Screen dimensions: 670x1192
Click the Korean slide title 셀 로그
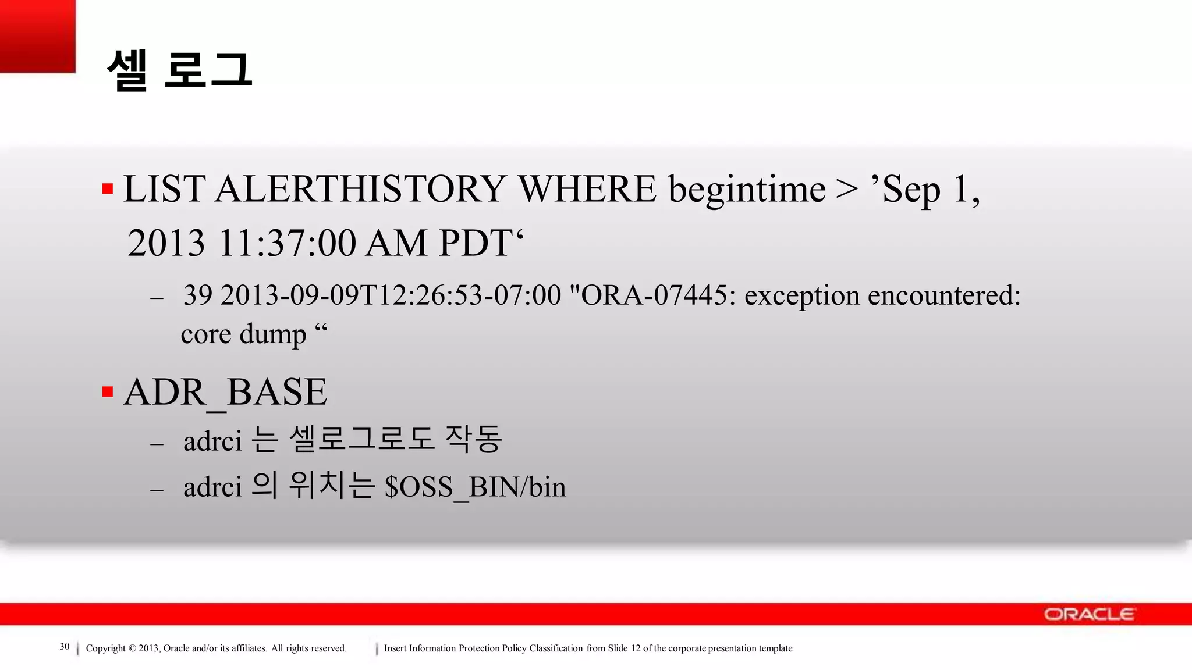click(179, 70)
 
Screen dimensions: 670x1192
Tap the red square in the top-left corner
click(37, 36)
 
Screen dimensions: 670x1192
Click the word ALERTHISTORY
click(360, 189)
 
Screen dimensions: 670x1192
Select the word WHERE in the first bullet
click(587, 189)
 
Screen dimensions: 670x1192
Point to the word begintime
click(747, 190)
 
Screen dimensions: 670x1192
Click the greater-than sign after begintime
click(847, 189)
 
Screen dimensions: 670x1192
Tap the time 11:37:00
click(286, 243)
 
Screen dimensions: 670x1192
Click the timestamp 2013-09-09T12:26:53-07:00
click(390, 295)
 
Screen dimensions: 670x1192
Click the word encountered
click(943, 295)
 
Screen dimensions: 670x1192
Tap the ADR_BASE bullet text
click(225, 392)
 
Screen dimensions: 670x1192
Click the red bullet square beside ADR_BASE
click(108, 391)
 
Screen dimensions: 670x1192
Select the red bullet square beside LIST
click(108, 188)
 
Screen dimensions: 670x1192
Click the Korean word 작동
click(473, 439)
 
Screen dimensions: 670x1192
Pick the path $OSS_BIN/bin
click(475, 487)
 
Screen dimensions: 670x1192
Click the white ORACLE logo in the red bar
click(1088, 614)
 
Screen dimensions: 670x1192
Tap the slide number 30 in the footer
click(65, 647)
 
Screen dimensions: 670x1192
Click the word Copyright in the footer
click(105, 648)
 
